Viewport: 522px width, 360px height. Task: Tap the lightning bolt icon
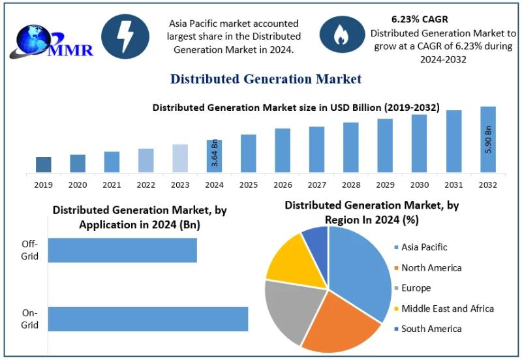pyautogui.click(x=126, y=37)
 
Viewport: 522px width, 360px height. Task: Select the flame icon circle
pyautogui.click(x=341, y=36)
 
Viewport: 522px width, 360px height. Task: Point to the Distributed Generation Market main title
pyautogui.click(x=266, y=80)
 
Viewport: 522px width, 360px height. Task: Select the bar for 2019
pyautogui.click(x=43, y=165)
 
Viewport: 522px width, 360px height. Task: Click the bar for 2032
pyautogui.click(x=488, y=140)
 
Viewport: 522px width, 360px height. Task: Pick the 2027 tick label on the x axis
pyautogui.click(x=317, y=185)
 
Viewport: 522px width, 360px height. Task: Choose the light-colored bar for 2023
pyautogui.click(x=180, y=158)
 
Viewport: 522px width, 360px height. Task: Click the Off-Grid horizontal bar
pyautogui.click(x=123, y=250)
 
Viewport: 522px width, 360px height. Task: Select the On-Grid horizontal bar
pyautogui.click(x=148, y=319)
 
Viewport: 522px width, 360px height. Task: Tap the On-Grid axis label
pyautogui.click(x=30, y=320)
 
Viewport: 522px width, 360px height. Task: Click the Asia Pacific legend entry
pyautogui.click(x=424, y=247)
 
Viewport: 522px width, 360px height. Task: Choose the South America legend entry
pyautogui.click(x=431, y=329)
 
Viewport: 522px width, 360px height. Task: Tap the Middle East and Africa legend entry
pyautogui.click(x=447, y=308)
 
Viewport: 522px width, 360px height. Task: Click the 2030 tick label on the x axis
pyautogui.click(x=420, y=185)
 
